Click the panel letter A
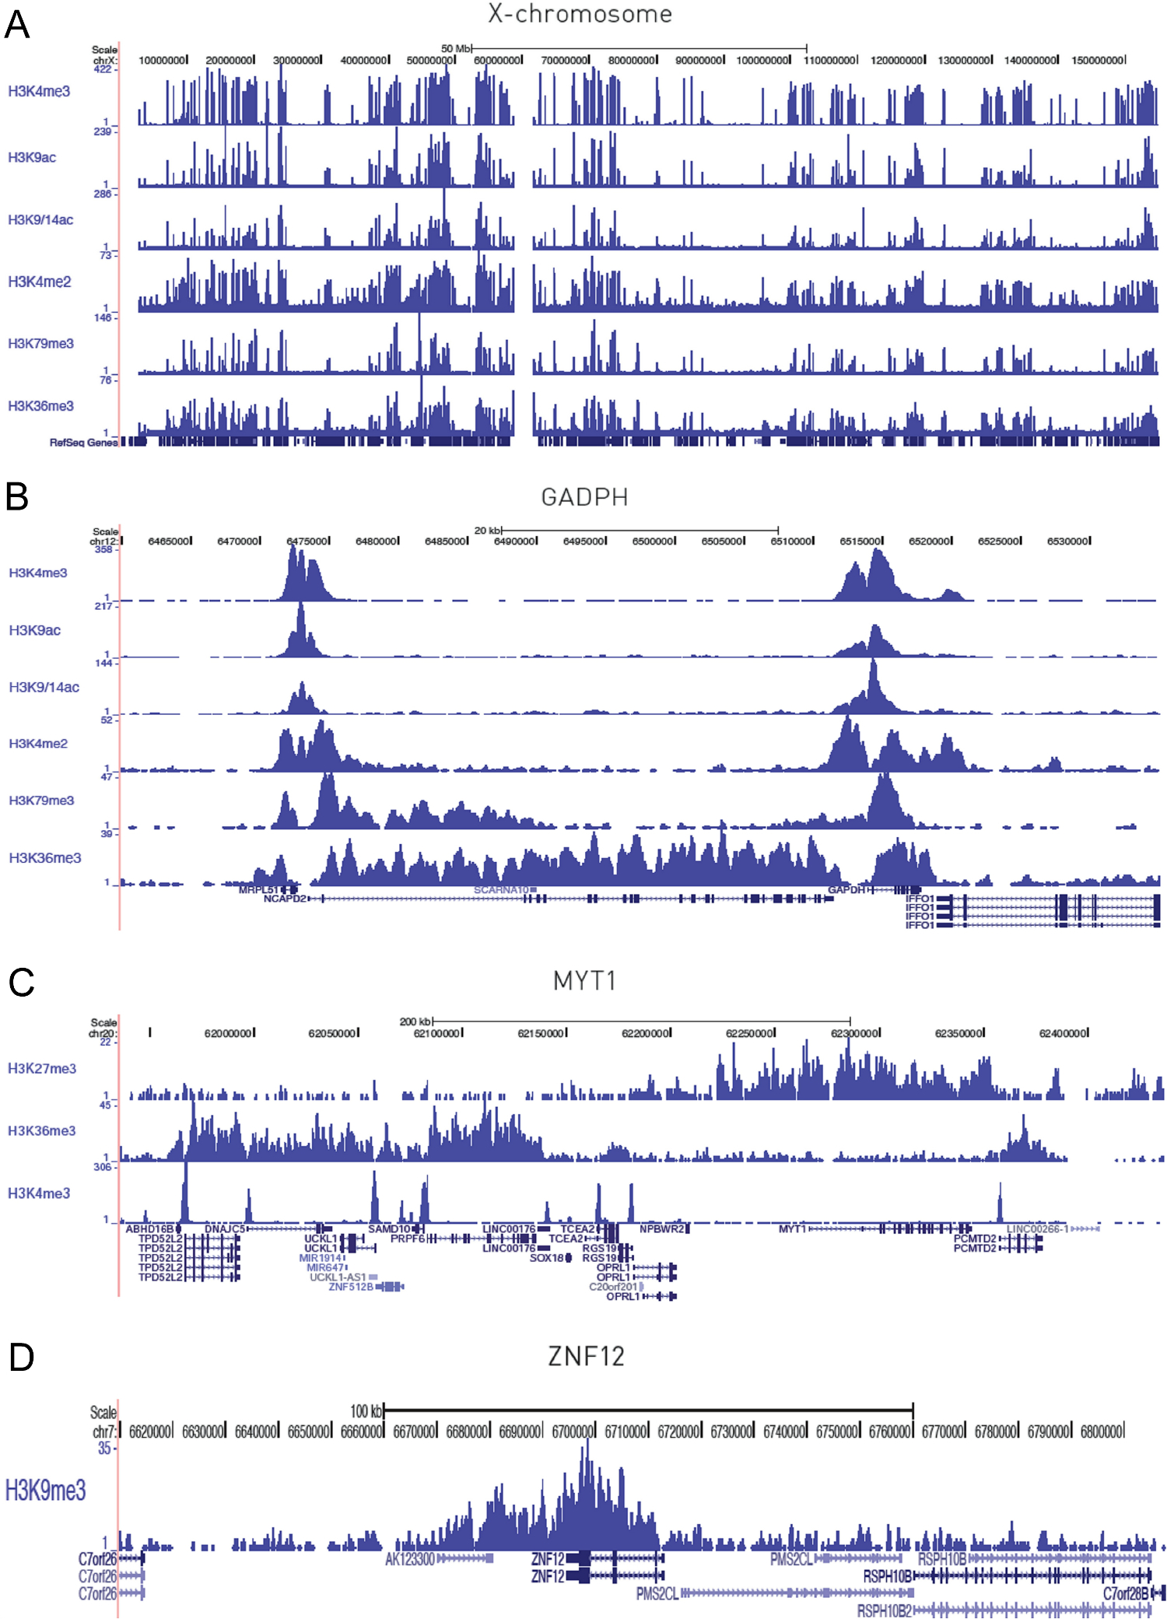click(17, 25)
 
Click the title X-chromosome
click(580, 14)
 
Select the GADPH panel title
click(584, 497)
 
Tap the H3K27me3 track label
click(42, 1068)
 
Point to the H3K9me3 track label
click(45, 1490)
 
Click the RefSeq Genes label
click(83, 443)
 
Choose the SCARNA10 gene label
click(501, 889)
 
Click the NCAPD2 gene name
click(285, 899)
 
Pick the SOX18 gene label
click(547, 1258)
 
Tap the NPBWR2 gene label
click(662, 1229)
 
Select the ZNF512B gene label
click(351, 1287)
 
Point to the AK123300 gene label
click(410, 1558)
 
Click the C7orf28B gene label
click(1126, 1593)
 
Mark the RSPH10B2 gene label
click(884, 1610)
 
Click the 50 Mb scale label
click(456, 48)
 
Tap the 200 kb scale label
click(415, 1021)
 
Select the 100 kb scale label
click(366, 1410)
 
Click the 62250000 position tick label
click(749, 1033)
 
